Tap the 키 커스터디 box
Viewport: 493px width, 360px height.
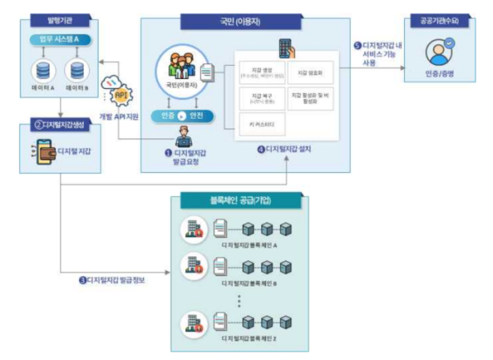click(x=258, y=124)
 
